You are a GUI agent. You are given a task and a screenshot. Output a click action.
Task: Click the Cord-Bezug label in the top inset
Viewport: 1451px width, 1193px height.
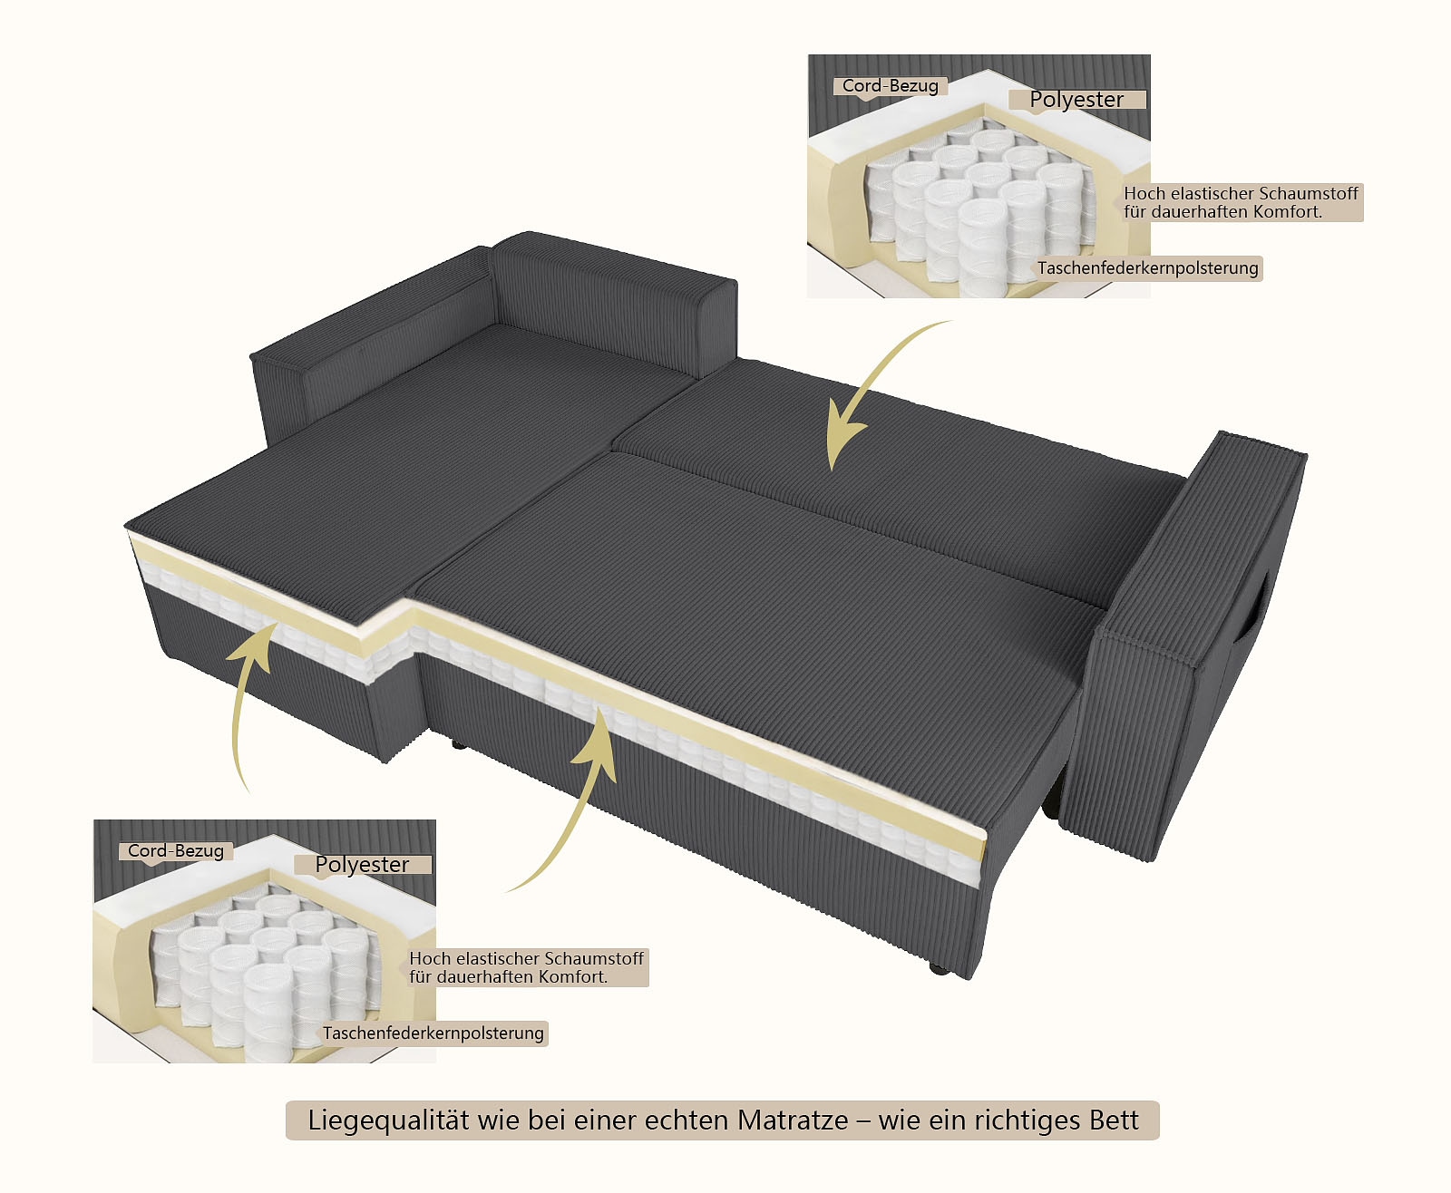click(890, 86)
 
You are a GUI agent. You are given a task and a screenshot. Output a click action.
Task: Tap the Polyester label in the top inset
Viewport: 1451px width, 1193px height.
click(1076, 100)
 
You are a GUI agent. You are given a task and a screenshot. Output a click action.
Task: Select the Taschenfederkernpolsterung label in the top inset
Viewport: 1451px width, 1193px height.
click(1148, 268)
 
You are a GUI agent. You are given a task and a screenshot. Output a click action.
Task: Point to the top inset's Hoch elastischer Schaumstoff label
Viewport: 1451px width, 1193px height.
click(1240, 202)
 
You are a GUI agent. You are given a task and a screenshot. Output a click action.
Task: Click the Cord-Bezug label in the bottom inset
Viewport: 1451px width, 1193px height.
click(175, 851)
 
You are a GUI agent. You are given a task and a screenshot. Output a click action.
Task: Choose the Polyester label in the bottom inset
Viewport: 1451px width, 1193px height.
click(362, 865)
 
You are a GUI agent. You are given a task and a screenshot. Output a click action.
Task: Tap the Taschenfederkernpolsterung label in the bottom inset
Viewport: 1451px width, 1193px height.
click(433, 1033)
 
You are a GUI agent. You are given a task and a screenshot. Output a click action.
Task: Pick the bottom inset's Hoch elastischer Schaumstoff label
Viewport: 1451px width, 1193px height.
click(526, 967)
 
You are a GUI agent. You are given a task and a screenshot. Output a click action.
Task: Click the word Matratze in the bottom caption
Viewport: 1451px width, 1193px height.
click(793, 1120)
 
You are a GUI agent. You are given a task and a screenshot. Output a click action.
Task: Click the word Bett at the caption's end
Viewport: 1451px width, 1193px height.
click(1114, 1120)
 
